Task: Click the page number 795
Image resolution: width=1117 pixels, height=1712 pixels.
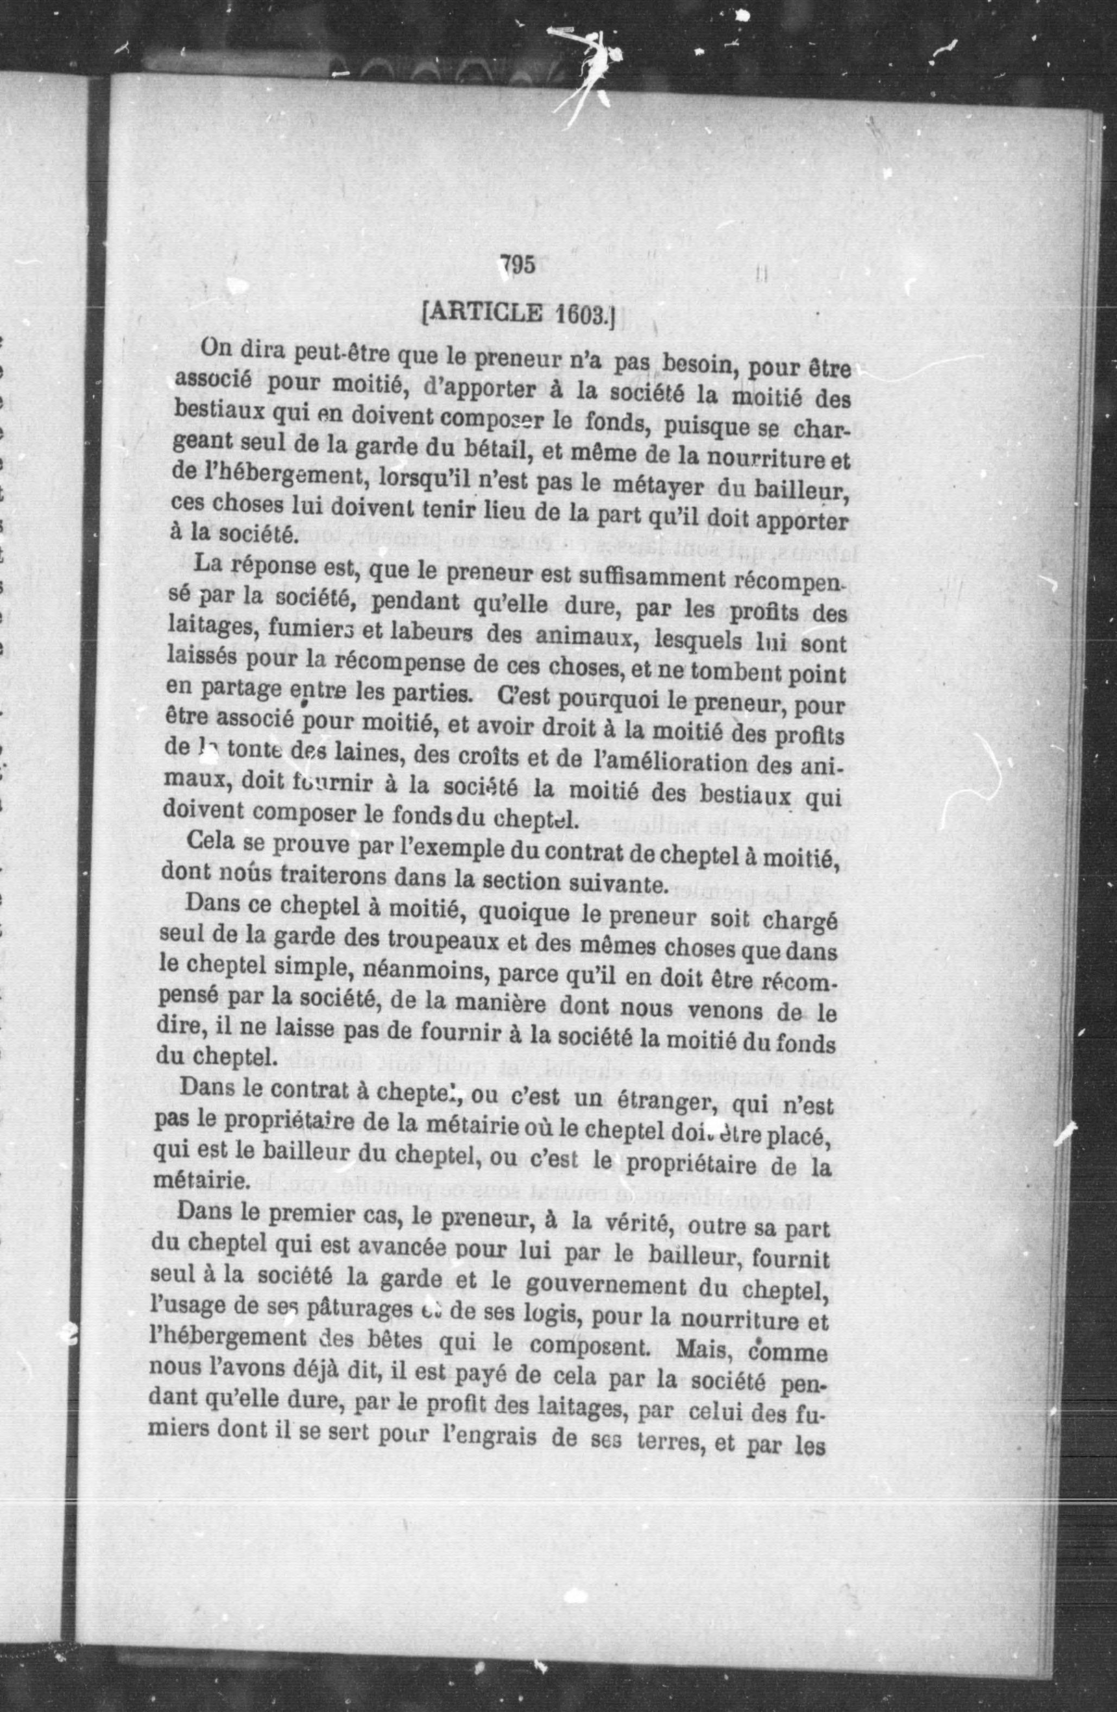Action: (517, 266)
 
